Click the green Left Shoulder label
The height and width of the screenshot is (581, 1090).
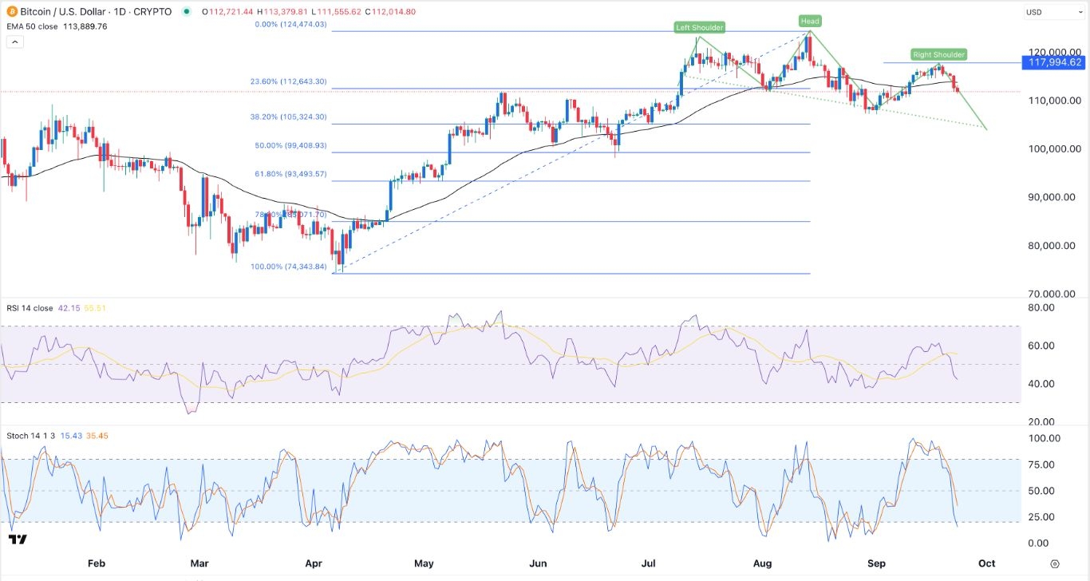699,28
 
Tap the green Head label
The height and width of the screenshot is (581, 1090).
810,21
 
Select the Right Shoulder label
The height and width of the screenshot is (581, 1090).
939,55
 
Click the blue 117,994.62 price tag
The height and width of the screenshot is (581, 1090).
1053,62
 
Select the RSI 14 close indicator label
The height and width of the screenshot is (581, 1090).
30,307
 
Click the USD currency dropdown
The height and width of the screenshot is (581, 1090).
1052,12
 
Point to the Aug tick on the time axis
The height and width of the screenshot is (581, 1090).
762,563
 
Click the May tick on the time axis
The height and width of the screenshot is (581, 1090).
424,563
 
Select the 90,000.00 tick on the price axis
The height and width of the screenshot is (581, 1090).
1053,197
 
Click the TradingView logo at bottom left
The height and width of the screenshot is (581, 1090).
18,539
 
